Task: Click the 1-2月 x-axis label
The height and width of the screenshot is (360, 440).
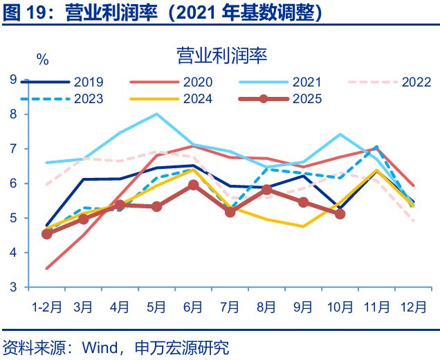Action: (46, 305)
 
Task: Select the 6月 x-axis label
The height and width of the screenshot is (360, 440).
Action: (193, 305)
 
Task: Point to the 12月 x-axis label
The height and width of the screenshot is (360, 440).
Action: (413, 305)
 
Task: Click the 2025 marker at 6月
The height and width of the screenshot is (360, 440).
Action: (194, 185)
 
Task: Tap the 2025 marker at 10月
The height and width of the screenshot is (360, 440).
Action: (340, 215)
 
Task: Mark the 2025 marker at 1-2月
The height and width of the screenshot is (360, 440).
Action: (47, 234)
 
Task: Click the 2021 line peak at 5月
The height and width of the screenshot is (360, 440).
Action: (157, 114)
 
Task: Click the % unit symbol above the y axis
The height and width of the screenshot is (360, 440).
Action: (42, 60)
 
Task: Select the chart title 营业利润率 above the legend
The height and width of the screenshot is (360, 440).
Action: (221, 55)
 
